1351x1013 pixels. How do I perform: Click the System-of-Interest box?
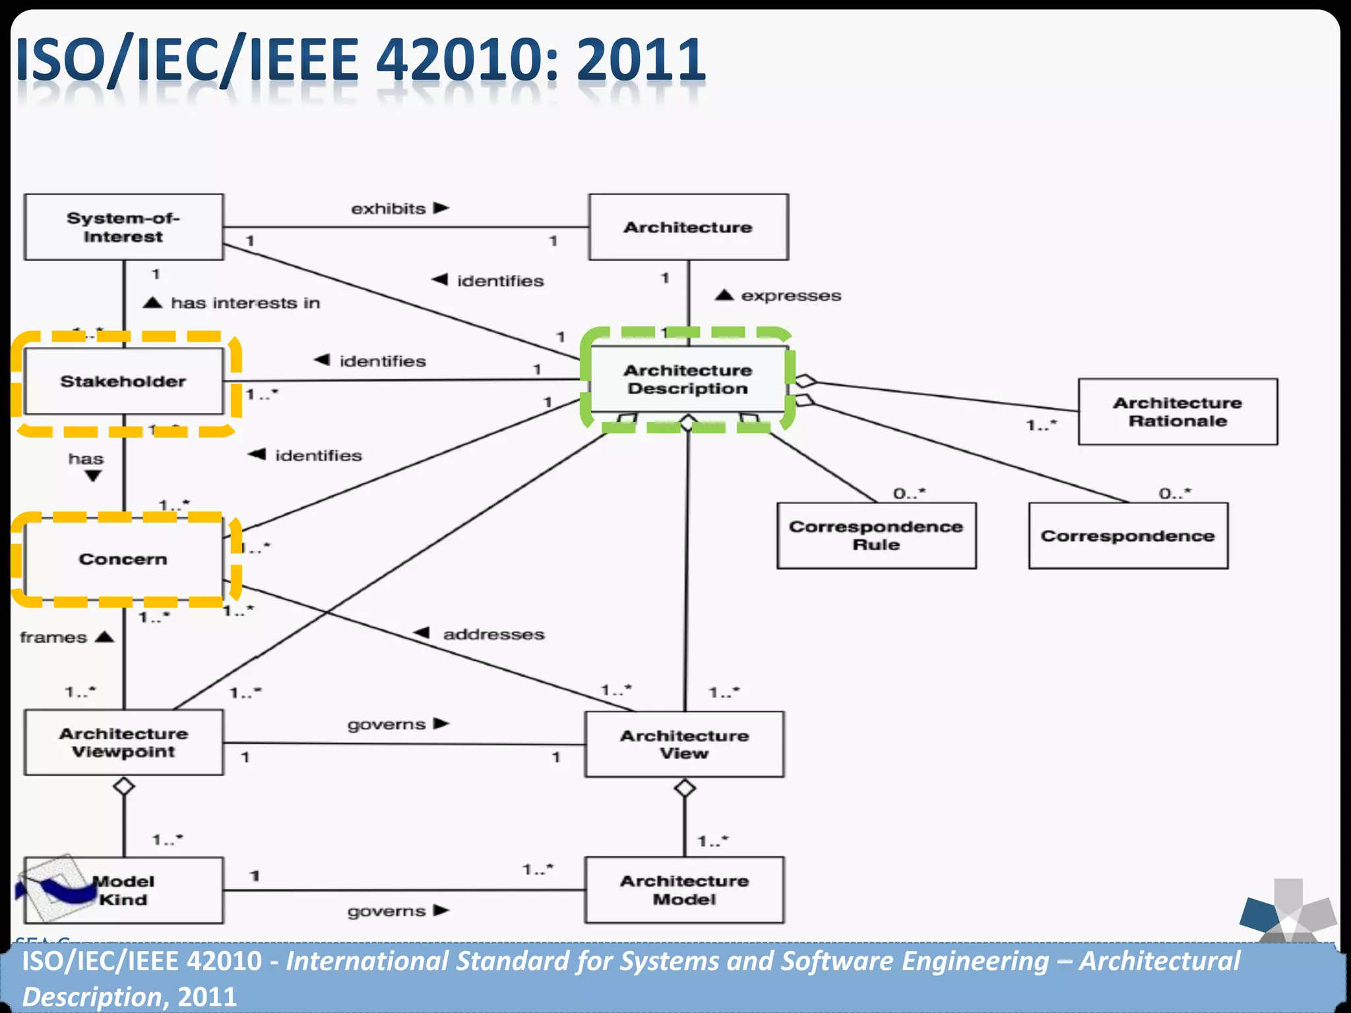coord(123,227)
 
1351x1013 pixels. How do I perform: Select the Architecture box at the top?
coord(688,227)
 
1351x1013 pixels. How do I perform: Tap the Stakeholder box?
coord(123,381)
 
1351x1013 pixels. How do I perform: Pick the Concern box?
coord(123,559)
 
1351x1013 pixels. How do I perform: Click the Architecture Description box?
coord(688,379)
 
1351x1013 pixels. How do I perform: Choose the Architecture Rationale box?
coord(1178,412)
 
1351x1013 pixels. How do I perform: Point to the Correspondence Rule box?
coord(876,536)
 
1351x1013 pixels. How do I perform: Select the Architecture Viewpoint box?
coord(123,743)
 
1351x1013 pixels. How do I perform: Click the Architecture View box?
coord(684,744)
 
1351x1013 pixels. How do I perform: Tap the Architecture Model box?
coord(684,890)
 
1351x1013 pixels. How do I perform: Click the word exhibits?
coord(389,209)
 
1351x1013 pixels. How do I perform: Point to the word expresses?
coord(791,296)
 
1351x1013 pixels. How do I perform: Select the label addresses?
coord(493,634)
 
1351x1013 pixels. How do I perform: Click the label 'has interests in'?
coord(245,303)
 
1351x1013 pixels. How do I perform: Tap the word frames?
coord(53,638)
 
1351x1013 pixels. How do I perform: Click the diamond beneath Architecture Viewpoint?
coord(124,786)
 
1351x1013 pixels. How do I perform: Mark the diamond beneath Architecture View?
coord(685,788)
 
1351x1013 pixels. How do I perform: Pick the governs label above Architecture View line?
coord(387,725)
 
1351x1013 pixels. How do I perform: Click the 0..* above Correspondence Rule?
coord(909,493)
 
